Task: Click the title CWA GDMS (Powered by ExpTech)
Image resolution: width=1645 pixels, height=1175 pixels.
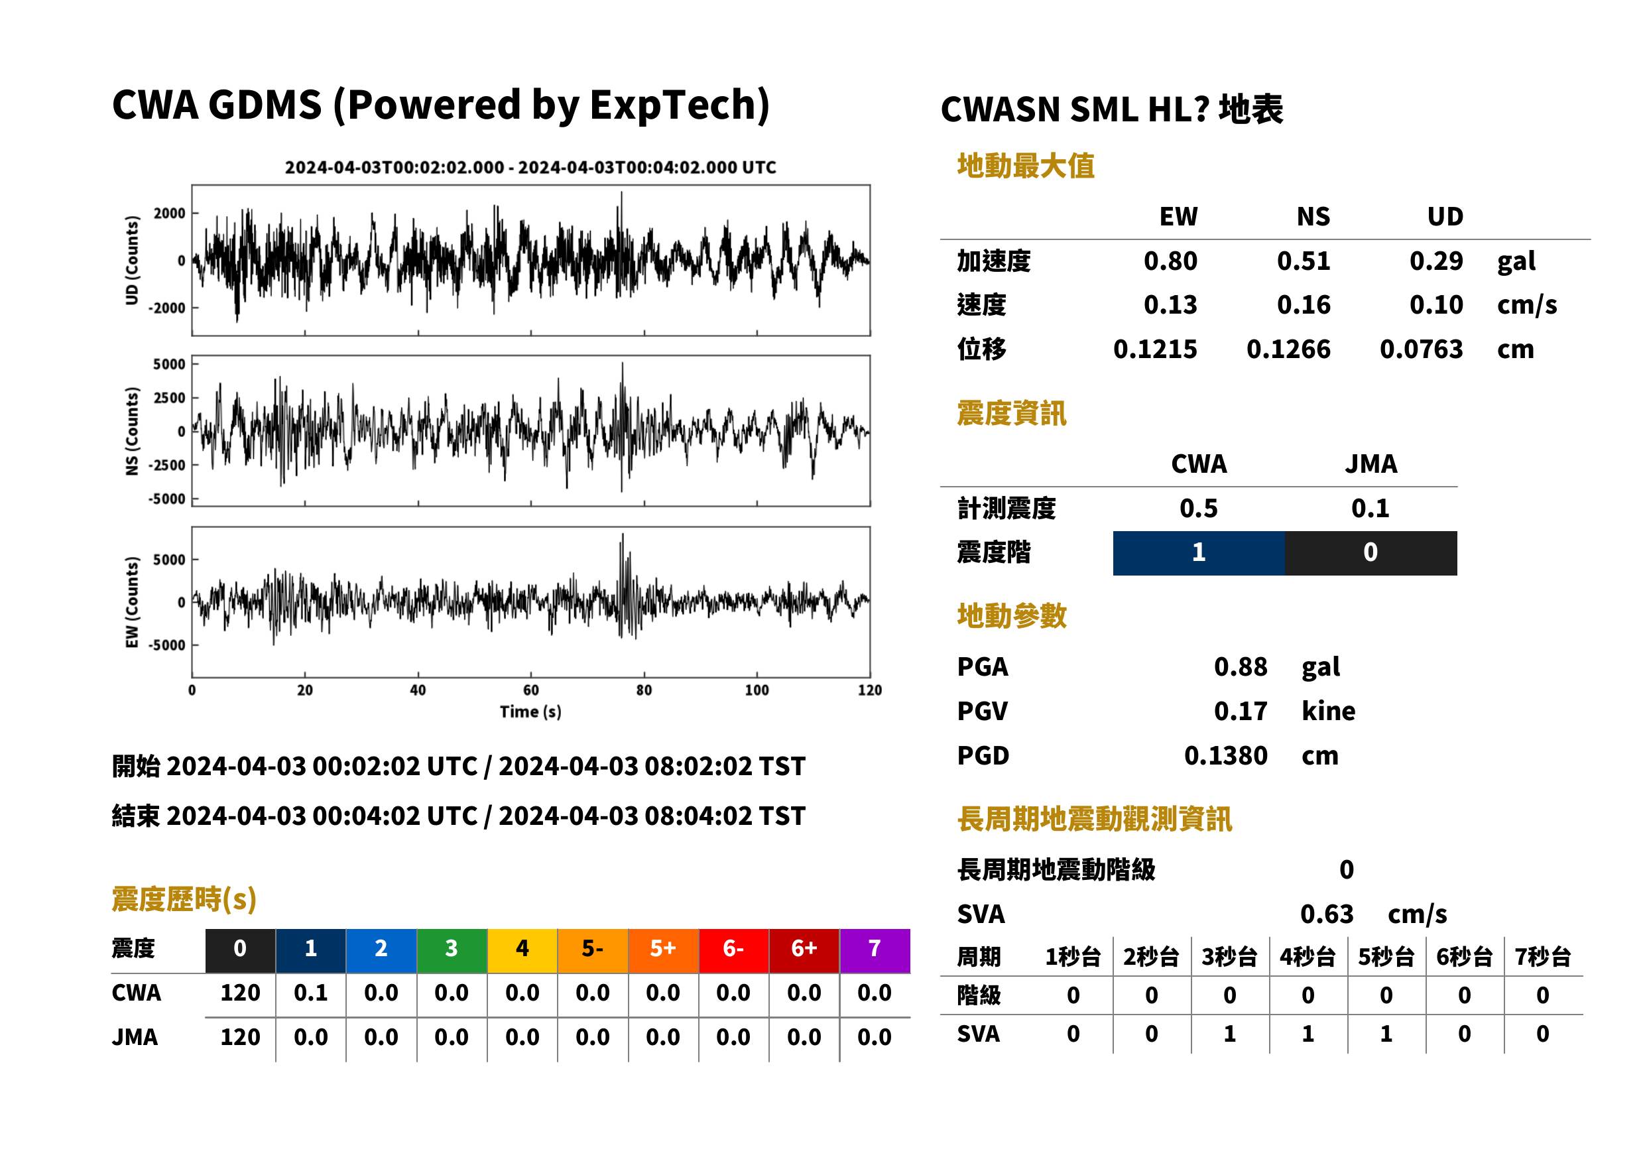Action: (440, 105)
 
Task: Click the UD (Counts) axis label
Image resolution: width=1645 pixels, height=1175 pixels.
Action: (132, 260)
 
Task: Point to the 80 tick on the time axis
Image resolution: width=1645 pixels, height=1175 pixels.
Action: (644, 690)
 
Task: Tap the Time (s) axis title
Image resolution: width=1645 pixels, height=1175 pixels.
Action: (530, 712)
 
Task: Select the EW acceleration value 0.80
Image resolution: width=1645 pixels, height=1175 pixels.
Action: (1170, 261)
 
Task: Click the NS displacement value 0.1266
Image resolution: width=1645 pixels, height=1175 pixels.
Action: (1288, 349)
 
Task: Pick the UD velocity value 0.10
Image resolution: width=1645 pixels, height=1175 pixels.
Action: (1436, 305)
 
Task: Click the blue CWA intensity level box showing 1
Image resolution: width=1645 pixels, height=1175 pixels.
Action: (1199, 554)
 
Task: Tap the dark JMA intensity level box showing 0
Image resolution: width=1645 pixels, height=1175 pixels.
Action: (1371, 554)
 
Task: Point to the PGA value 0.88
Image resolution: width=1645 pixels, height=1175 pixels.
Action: (1240, 667)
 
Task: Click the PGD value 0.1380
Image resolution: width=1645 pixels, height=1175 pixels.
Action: (1225, 756)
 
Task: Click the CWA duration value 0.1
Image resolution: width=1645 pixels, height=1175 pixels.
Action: (310, 993)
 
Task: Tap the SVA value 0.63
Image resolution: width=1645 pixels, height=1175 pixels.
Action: (1327, 914)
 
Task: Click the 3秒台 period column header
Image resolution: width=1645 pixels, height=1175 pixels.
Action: (1229, 958)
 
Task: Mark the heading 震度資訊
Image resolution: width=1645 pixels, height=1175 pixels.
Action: (1011, 414)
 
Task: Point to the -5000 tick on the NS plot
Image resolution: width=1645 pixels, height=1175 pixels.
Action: (167, 499)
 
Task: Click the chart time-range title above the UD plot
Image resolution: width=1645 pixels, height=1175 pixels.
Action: (530, 168)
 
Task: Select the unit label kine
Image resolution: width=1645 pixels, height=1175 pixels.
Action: (1328, 711)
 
